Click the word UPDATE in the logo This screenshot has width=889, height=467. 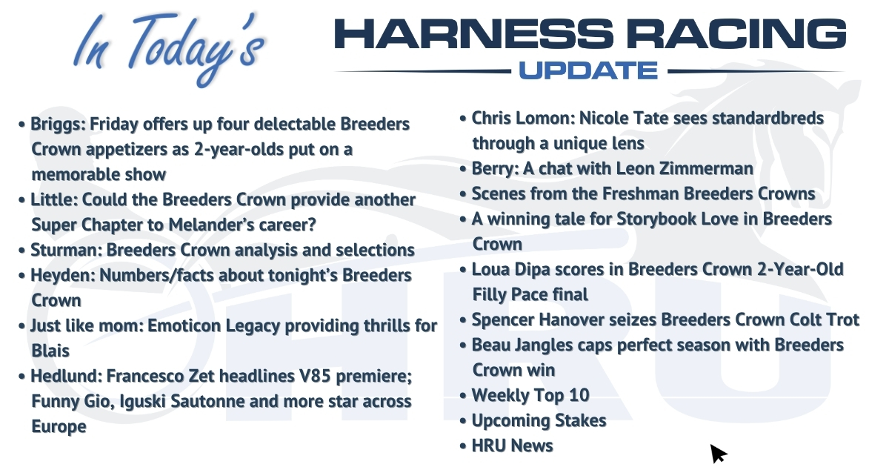click(x=588, y=70)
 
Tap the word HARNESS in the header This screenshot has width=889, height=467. click(x=474, y=34)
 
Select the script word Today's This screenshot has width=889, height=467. click(x=196, y=47)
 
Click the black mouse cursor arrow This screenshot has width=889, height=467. click(x=718, y=453)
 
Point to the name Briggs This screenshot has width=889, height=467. click(x=56, y=125)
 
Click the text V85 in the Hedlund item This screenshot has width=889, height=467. click(x=315, y=376)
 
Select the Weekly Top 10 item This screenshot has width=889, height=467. click(x=530, y=396)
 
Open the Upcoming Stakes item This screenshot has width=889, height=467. click(x=539, y=421)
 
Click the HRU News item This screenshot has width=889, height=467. click(x=513, y=446)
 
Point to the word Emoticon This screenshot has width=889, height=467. click(x=184, y=326)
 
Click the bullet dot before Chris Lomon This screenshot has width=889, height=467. click(x=462, y=119)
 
